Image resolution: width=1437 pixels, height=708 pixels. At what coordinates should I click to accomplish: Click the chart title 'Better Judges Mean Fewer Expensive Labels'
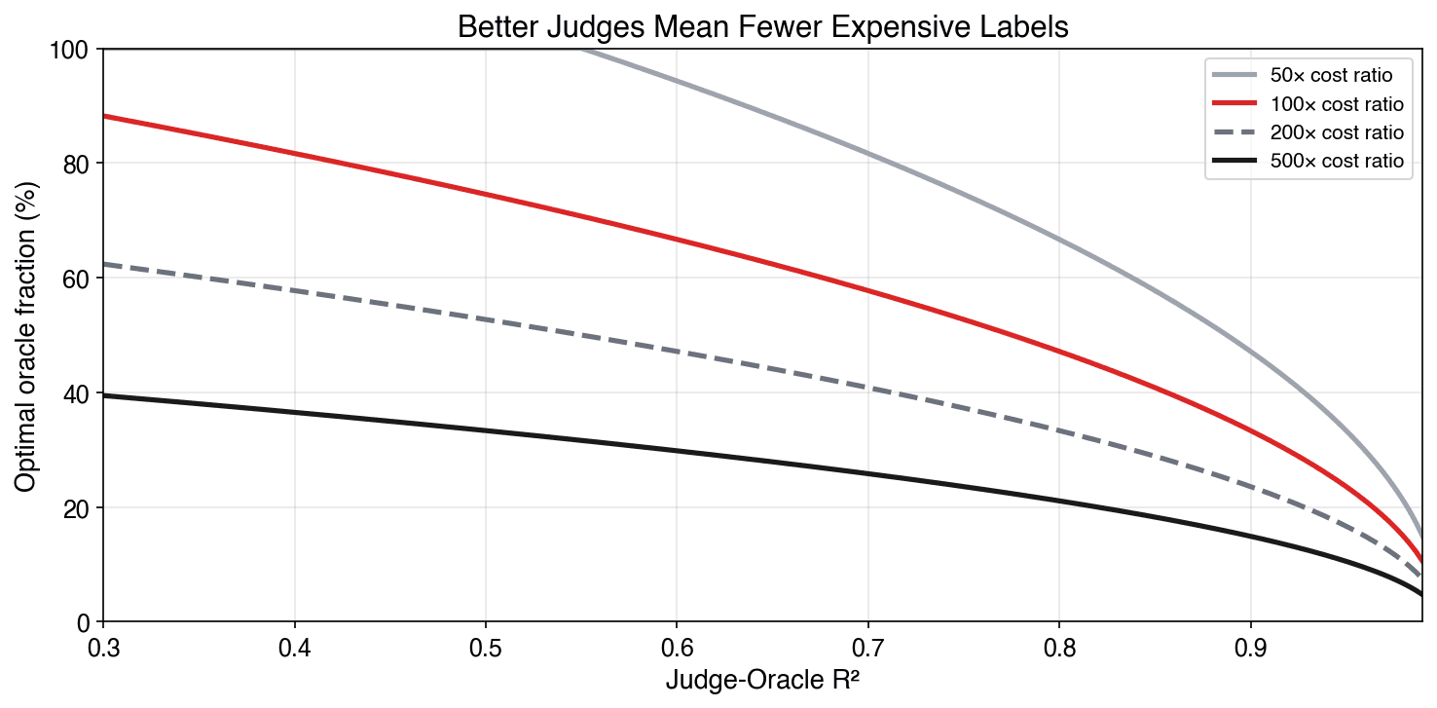click(762, 27)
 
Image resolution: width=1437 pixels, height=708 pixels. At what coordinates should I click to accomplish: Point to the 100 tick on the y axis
click(73, 49)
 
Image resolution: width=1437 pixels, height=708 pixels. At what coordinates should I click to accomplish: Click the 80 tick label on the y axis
click(78, 164)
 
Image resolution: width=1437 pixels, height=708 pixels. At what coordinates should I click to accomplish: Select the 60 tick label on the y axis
click(78, 279)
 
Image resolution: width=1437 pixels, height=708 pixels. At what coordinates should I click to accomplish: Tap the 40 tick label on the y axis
click(78, 393)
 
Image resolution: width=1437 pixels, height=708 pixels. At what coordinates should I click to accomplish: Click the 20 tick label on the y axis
click(78, 508)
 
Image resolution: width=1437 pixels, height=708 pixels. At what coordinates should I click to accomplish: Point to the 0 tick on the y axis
click(84, 622)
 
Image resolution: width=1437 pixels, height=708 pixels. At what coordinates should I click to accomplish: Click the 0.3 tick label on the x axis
click(103, 647)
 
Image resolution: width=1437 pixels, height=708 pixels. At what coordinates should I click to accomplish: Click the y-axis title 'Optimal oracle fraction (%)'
click(26, 336)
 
